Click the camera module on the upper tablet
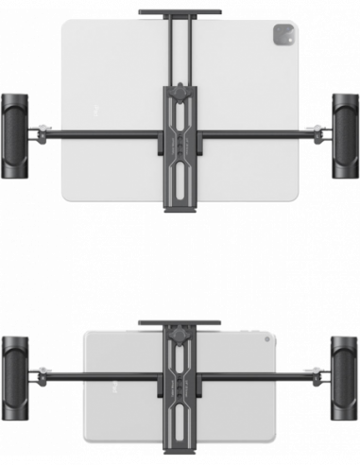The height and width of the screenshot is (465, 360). tap(282, 37)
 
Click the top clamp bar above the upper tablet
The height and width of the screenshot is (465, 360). tap(180, 12)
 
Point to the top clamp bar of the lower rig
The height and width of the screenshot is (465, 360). tap(180, 322)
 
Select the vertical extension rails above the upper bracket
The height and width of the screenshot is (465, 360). tap(180, 52)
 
